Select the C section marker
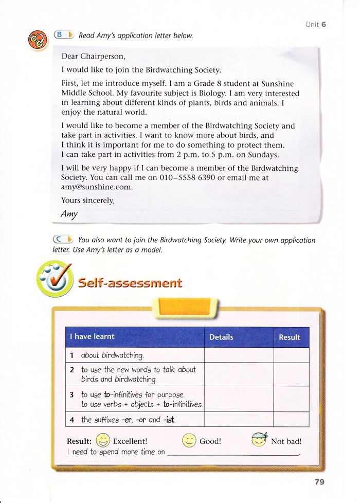(64, 239)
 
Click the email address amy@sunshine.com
(89, 187)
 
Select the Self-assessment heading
(130, 282)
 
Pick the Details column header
(221, 337)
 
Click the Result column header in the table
(289, 337)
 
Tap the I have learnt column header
(93, 337)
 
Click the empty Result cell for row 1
(291, 355)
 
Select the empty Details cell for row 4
(239, 419)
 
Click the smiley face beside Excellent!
(103, 441)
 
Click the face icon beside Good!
(189, 441)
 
